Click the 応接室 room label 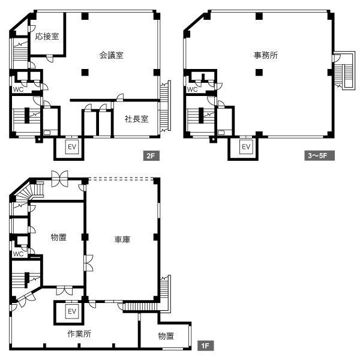point(47,36)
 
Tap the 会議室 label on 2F point(112,55)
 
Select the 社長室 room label point(136,119)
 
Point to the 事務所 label point(266,55)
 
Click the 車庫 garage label point(122,239)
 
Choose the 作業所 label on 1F point(79,334)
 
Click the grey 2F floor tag point(151,155)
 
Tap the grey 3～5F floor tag point(319,155)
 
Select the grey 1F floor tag point(205,346)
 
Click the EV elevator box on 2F point(72,147)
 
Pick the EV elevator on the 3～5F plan point(246,147)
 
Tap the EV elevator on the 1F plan point(72,311)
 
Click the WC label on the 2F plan point(18,89)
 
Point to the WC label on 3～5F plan point(192,89)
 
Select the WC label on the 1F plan point(18,254)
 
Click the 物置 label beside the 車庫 point(59,237)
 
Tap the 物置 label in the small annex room point(166,336)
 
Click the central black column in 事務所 point(259,73)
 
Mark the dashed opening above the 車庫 point(121,179)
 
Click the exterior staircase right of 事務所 point(344,70)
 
